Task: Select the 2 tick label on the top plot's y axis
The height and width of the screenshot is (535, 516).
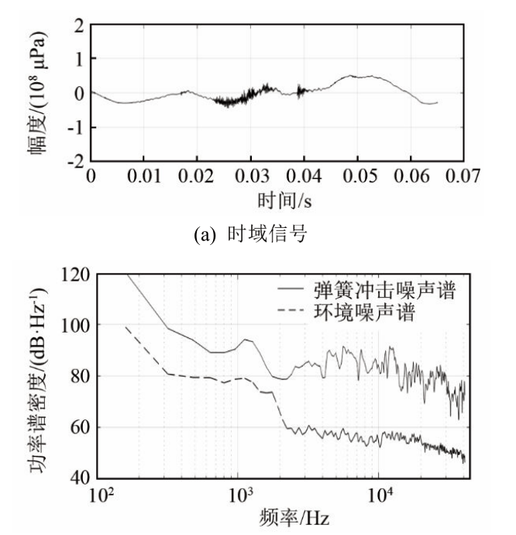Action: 78,25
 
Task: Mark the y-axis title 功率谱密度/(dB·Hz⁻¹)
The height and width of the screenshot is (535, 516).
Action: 36,375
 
